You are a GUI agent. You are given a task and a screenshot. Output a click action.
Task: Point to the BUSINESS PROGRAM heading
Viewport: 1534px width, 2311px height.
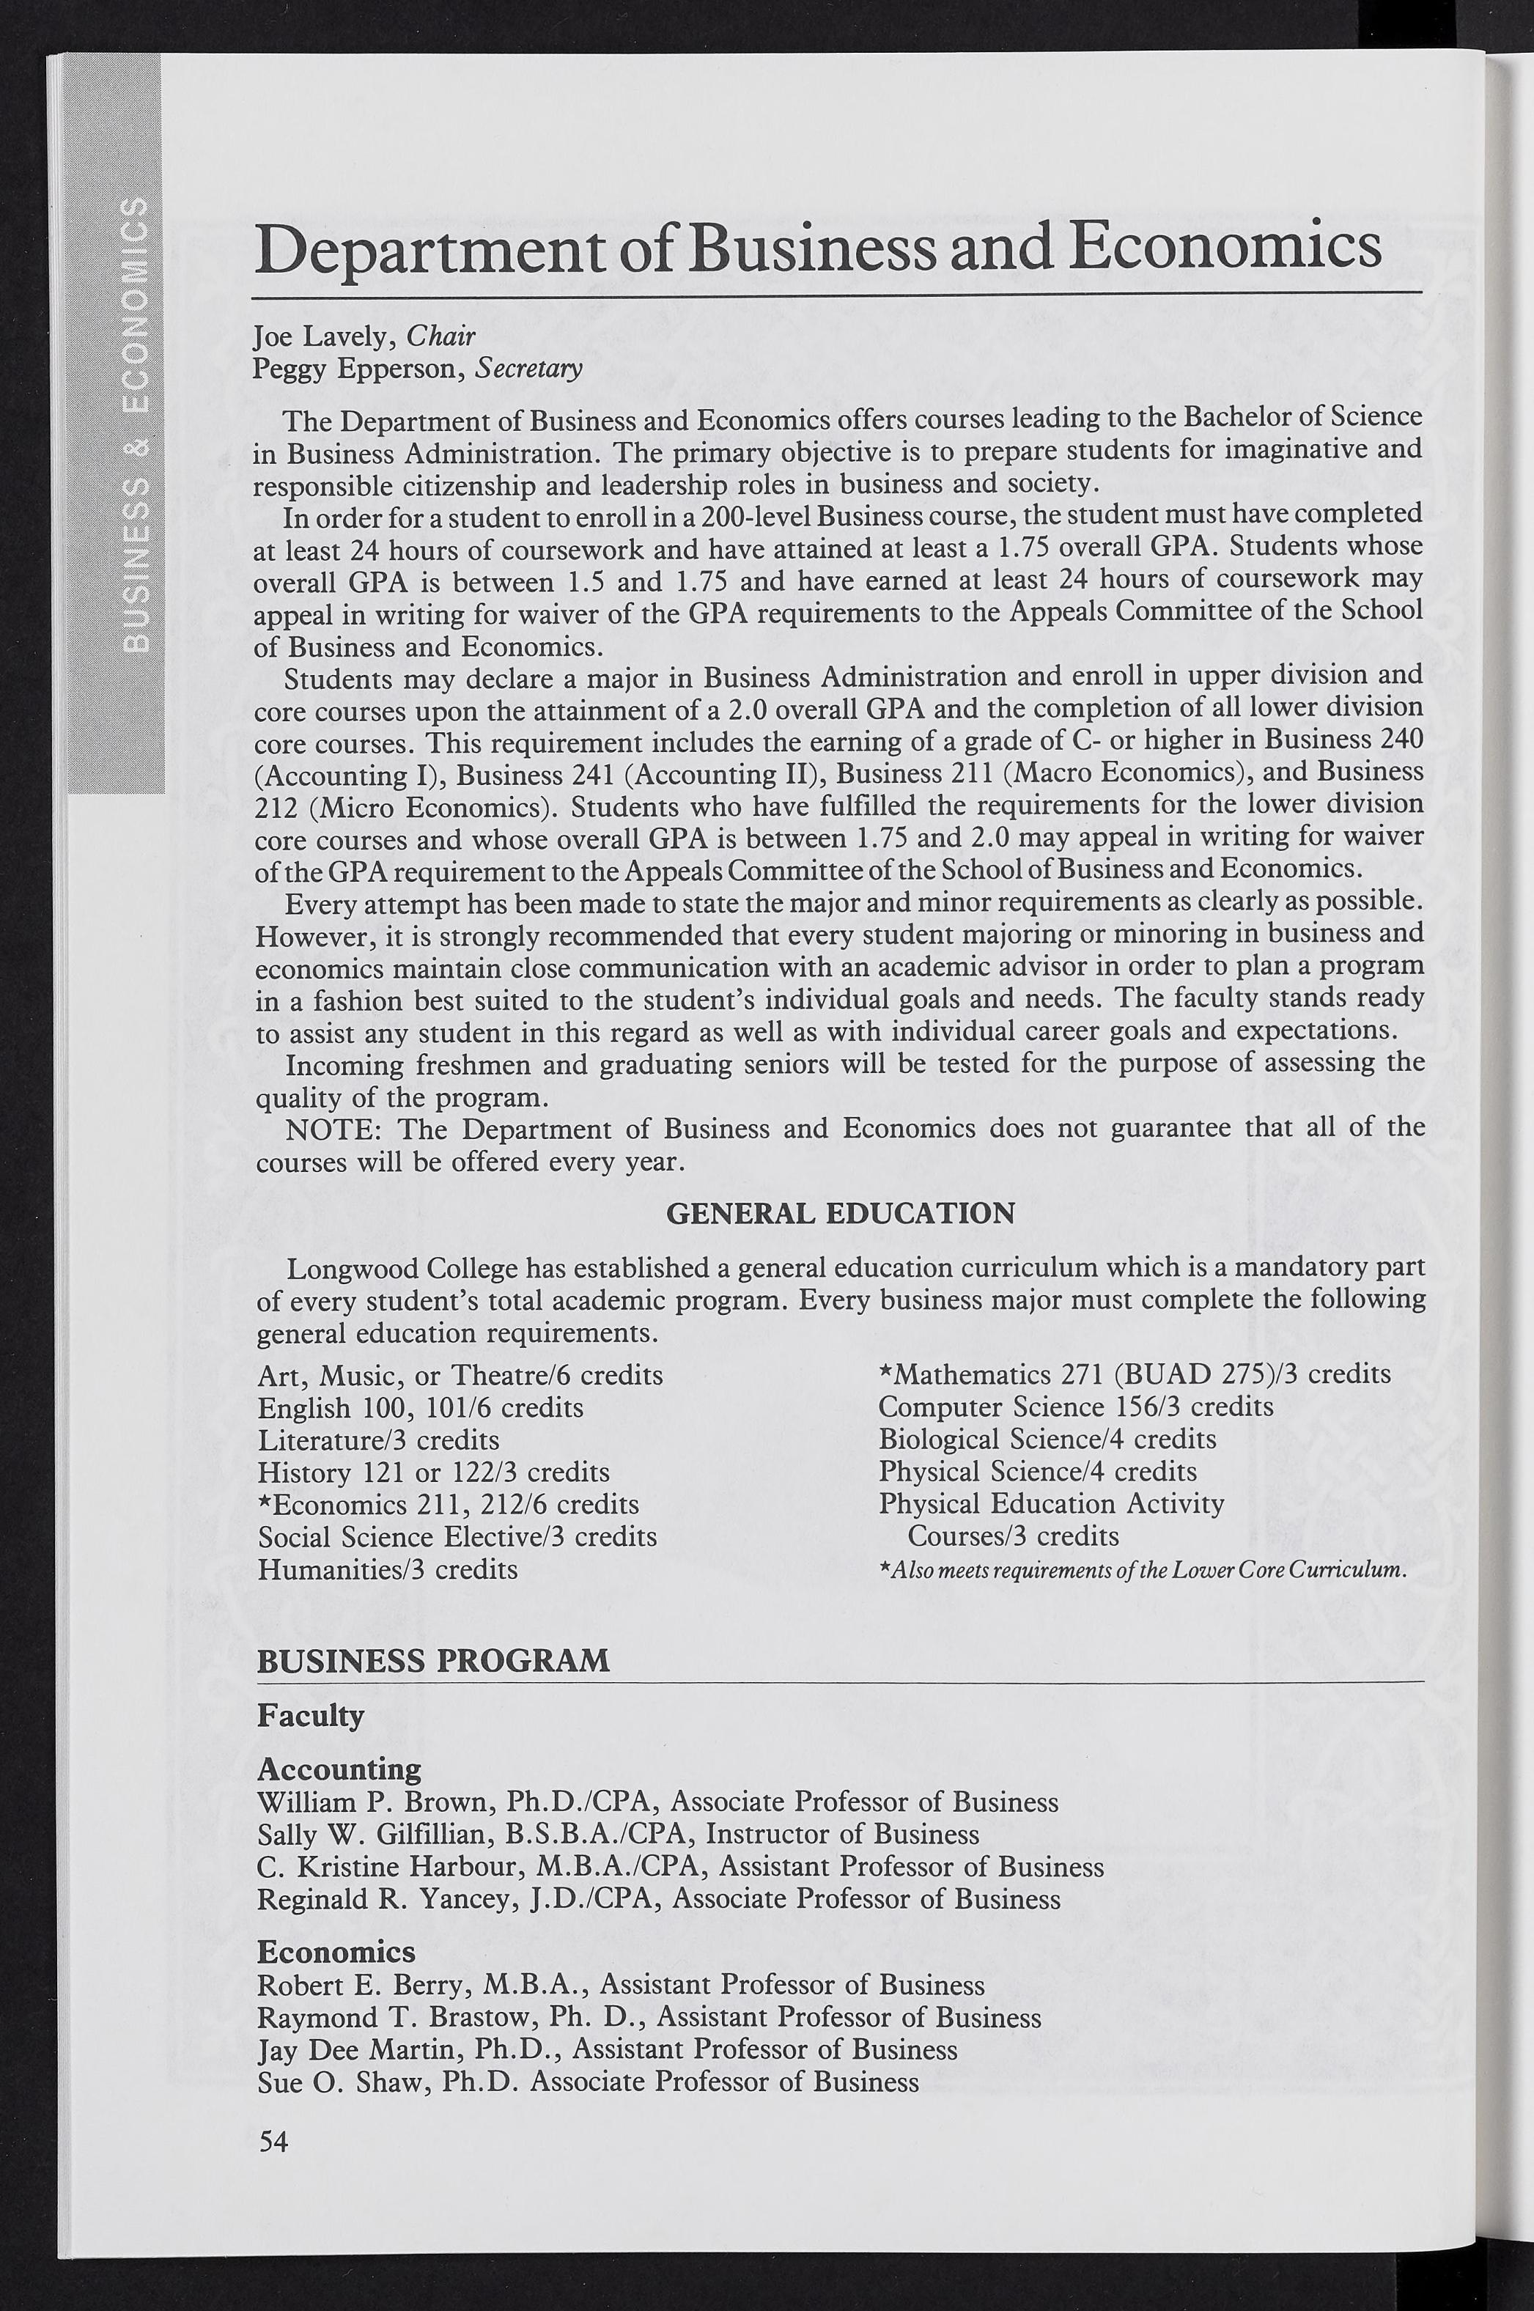(x=432, y=1660)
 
